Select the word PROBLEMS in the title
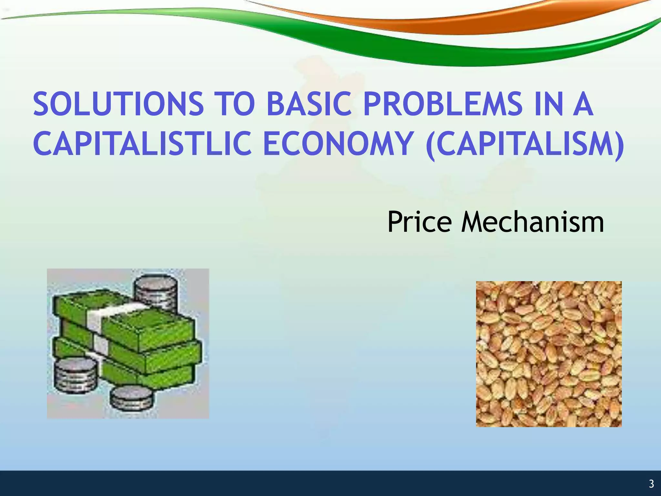click(x=442, y=104)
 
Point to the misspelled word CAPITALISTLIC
click(x=142, y=143)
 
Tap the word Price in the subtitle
click(x=419, y=222)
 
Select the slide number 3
click(x=651, y=484)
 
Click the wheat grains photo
click(x=549, y=354)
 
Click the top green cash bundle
click(x=148, y=326)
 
